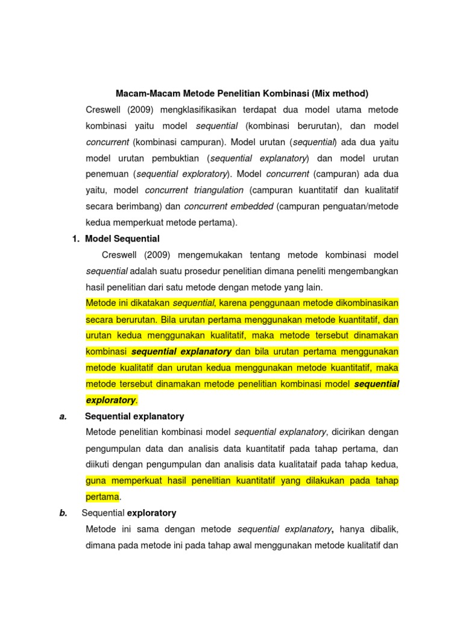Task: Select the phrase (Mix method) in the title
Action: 340,93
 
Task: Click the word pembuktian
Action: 175,158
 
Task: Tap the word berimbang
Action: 140,206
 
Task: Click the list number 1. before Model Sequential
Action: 76,239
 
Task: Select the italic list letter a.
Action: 63,416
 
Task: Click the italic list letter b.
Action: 63,513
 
